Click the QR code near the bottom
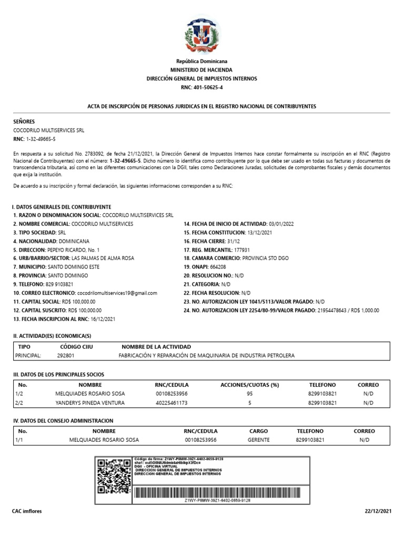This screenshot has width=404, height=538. coord(114,476)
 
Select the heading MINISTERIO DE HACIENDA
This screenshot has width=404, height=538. coord(201,70)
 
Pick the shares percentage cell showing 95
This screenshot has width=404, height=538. coord(250,394)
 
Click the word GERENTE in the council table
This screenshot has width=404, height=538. coord(258,440)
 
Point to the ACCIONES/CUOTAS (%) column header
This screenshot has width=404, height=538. coord(250,385)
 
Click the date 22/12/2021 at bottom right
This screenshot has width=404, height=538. coord(378,511)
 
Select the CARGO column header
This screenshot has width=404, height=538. coord(258,431)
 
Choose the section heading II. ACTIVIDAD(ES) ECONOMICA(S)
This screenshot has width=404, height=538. coord(52,335)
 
